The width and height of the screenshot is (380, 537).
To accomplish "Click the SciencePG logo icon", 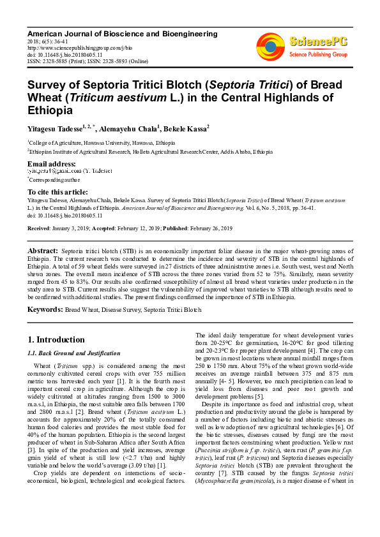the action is click(271, 45).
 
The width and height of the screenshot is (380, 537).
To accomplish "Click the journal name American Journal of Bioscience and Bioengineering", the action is click(122, 33).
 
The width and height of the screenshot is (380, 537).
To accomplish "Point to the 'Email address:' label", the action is click(52, 164).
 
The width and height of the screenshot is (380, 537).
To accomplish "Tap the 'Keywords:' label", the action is click(45, 309).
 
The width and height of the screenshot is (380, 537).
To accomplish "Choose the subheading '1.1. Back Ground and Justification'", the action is click(74, 353).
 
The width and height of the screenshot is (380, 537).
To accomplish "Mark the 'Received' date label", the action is click(39, 246).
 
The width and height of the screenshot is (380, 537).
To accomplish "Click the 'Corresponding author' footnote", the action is click(56, 180).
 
